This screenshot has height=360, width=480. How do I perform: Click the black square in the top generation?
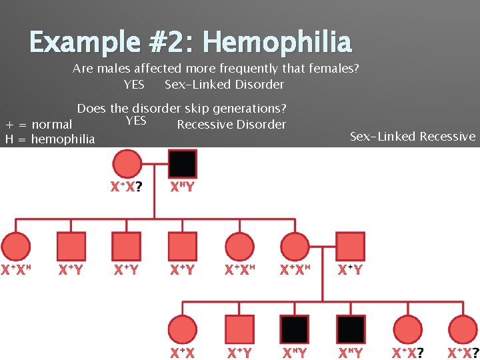pyautogui.click(x=183, y=164)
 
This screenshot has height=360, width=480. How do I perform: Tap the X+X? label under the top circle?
pyautogui.click(x=126, y=187)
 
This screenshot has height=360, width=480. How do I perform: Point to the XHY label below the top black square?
pyautogui.click(x=182, y=187)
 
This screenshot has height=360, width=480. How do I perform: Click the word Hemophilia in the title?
pyautogui.click(x=277, y=42)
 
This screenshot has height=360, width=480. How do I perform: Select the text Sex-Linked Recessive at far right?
pyautogui.click(x=413, y=137)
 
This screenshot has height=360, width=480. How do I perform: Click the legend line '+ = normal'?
pyautogui.click(x=39, y=125)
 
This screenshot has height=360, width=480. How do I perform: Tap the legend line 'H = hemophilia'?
pyautogui.click(x=50, y=139)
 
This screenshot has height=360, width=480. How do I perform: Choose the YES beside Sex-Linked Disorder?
pyautogui.click(x=134, y=85)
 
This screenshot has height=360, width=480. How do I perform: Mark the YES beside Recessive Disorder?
pyautogui.click(x=136, y=121)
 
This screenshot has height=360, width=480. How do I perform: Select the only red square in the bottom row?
pyautogui.click(x=239, y=329)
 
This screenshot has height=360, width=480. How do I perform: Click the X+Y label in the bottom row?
pyautogui.click(x=239, y=353)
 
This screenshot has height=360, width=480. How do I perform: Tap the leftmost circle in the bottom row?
pyautogui.click(x=182, y=329)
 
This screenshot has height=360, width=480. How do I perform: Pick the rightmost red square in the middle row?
pyautogui.click(x=351, y=246)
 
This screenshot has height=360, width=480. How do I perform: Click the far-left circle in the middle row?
pyautogui.click(x=16, y=246)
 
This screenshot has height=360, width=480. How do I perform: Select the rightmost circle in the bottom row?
pyautogui.click(x=463, y=329)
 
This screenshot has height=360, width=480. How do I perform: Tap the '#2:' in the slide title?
pyautogui.click(x=165, y=42)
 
